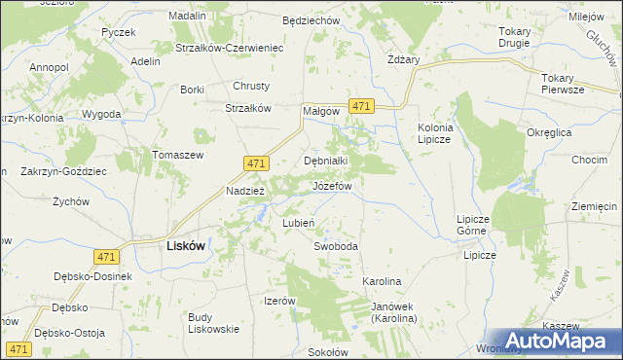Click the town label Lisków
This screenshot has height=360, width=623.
click(x=180, y=246)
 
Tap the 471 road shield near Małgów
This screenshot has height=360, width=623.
click(x=361, y=106)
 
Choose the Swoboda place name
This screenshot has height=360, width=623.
click(x=336, y=246)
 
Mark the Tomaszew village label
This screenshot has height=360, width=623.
click(x=177, y=155)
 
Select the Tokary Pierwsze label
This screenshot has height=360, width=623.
click(x=564, y=84)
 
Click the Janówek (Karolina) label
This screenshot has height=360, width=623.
click(x=393, y=312)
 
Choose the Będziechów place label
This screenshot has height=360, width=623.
click(x=309, y=19)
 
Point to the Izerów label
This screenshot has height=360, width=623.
click(x=279, y=301)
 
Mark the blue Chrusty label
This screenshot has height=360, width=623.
click(x=250, y=86)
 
